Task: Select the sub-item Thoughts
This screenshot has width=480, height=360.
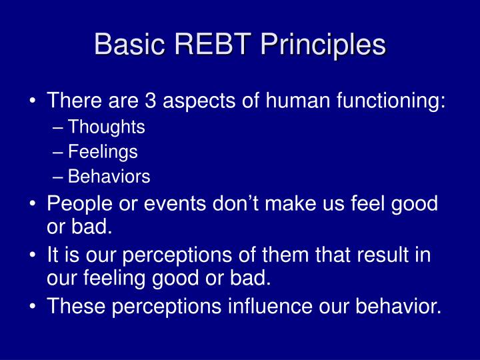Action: pyautogui.click(x=107, y=127)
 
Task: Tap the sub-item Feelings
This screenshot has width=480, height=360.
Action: pyautogui.click(x=103, y=152)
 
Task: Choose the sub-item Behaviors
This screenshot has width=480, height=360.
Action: pyautogui.click(x=109, y=177)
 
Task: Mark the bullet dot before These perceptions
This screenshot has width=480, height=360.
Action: pyautogui.click(x=33, y=307)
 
